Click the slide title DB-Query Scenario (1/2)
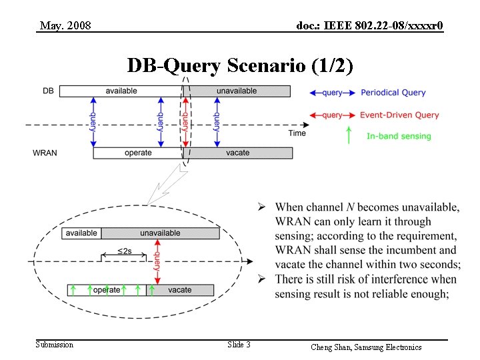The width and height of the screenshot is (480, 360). pos(240,66)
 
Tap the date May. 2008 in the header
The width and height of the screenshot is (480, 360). pos(65,26)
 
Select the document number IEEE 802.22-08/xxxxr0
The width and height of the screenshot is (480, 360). pos(369,26)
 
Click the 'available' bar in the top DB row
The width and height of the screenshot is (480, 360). pos(121,91)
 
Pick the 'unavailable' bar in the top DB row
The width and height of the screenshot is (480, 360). pos(237,91)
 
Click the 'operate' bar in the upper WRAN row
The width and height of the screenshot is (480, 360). pos(138,153)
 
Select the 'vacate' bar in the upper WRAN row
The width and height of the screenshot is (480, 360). pos(238,153)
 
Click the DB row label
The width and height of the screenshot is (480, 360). pos(49,91)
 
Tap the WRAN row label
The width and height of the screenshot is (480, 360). pos(45,153)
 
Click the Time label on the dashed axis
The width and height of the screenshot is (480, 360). pos(297,133)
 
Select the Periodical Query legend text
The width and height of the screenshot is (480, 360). pos(393,93)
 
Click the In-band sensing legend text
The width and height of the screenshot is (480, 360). pos(399,136)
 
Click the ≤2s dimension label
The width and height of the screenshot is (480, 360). pos(124,251)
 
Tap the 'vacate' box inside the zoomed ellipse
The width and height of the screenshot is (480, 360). pos(180,290)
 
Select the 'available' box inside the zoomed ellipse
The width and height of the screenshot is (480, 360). pos(81,233)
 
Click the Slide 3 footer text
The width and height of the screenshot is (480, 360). pos(239,345)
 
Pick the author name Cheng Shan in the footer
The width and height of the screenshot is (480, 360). pos(330,347)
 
